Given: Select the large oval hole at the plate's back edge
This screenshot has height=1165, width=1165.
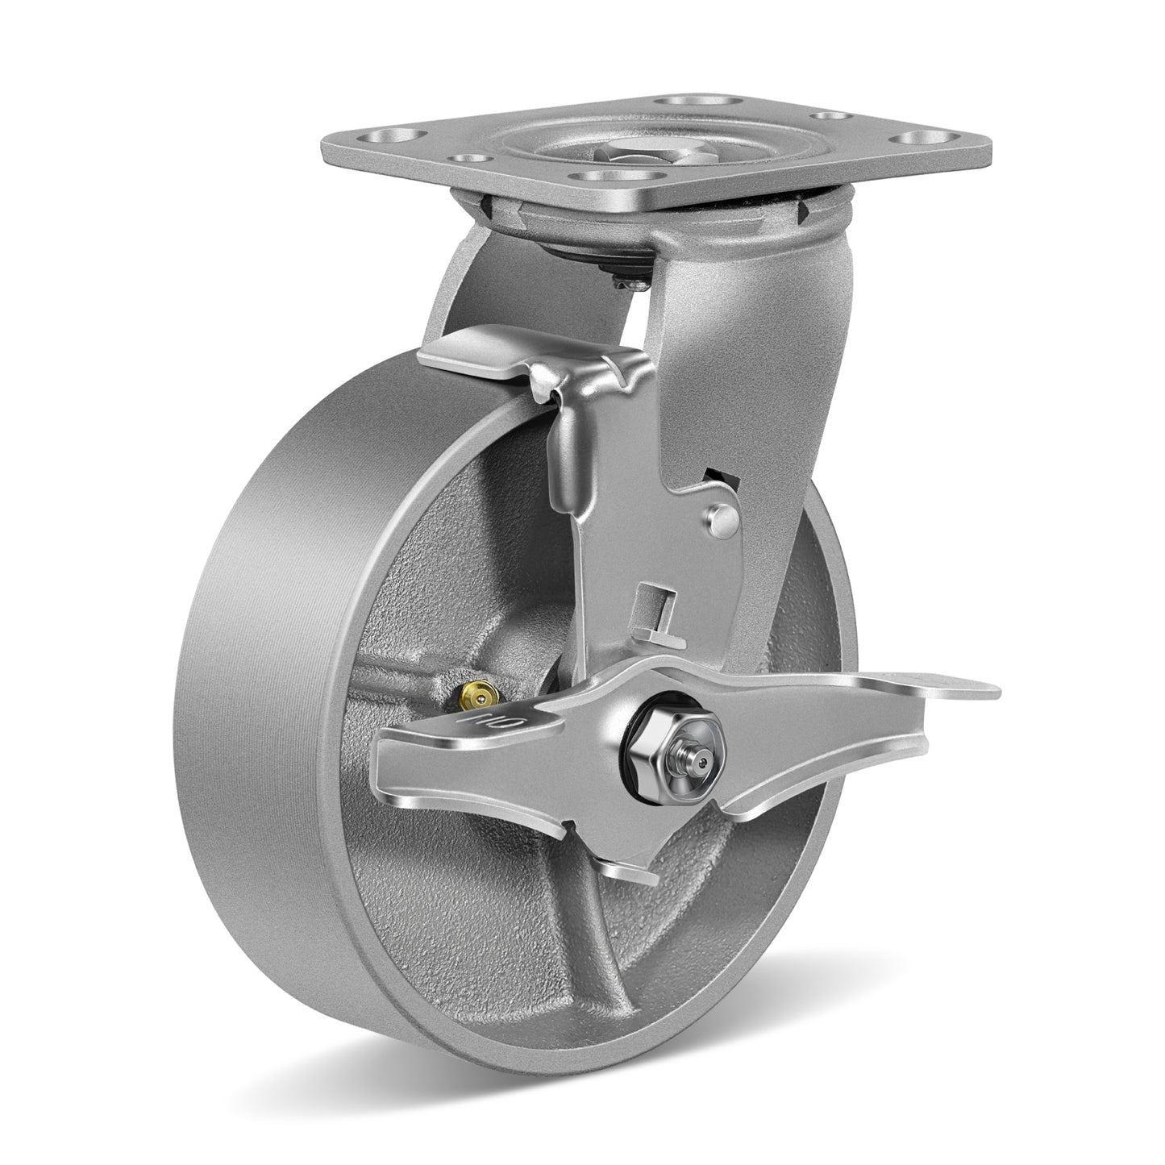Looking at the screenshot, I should [x=678, y=103].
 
